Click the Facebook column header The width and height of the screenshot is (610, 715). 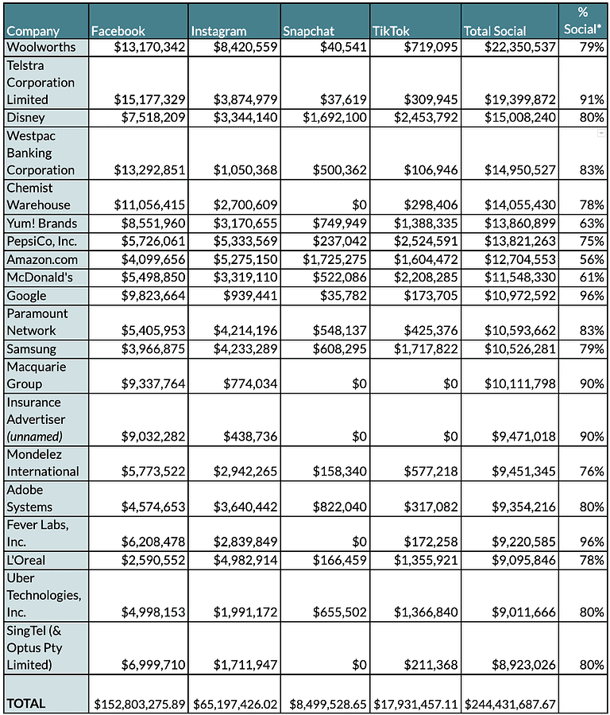click(x=118, y=31)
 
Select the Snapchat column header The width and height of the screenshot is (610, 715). click(x=309, y=31)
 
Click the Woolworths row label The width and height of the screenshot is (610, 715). click(x=41, y=47)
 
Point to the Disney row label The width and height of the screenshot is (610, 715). click(x=27, y=118)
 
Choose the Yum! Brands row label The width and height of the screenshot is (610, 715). click(x=44, y=223)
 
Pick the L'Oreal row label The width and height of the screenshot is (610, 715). click(x=26, y=560)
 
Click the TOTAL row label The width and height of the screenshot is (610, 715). click(x=26, y=703)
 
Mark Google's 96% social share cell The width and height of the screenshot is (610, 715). click(x=591, y=296)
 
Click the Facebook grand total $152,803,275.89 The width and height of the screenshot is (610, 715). click(x=139, y=704)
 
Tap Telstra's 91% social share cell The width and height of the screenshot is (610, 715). click(x=591, y=100)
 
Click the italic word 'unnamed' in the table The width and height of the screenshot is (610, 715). click(x=35, y=437)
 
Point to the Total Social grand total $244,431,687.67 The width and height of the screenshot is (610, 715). click(x=511, y=704)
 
